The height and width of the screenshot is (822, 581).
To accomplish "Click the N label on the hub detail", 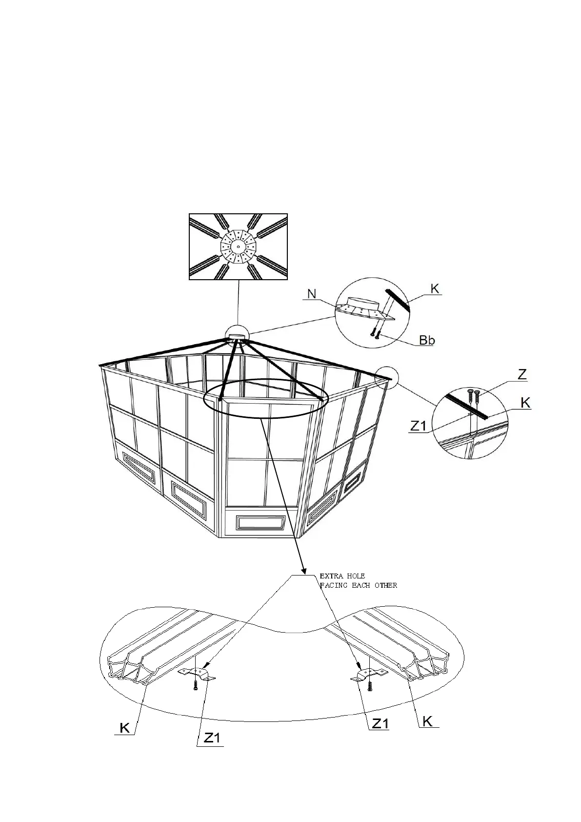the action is [x=311, y=294].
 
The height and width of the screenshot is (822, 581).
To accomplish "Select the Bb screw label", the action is [x=427, y=340].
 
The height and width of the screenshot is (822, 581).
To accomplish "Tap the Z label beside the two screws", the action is [x=522, y=375].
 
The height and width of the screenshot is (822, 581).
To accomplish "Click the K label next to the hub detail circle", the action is [x=435, y=289].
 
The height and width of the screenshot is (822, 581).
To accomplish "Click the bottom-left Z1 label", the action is [x=212, y=752].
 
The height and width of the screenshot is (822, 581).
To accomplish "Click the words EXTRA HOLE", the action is [x=342, y=576].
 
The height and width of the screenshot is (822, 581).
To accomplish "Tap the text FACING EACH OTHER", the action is [x=359, y=585].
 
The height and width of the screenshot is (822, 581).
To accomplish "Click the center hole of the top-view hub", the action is [x=238, y=247].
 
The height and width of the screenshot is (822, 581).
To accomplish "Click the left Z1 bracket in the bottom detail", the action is [x=197, y=675].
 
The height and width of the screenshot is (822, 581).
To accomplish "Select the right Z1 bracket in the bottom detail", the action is [x=369, y=675].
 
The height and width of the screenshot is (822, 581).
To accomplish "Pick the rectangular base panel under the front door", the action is [x=260, y=522].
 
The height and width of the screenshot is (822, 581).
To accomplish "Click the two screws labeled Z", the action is [x=473, y=395].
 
